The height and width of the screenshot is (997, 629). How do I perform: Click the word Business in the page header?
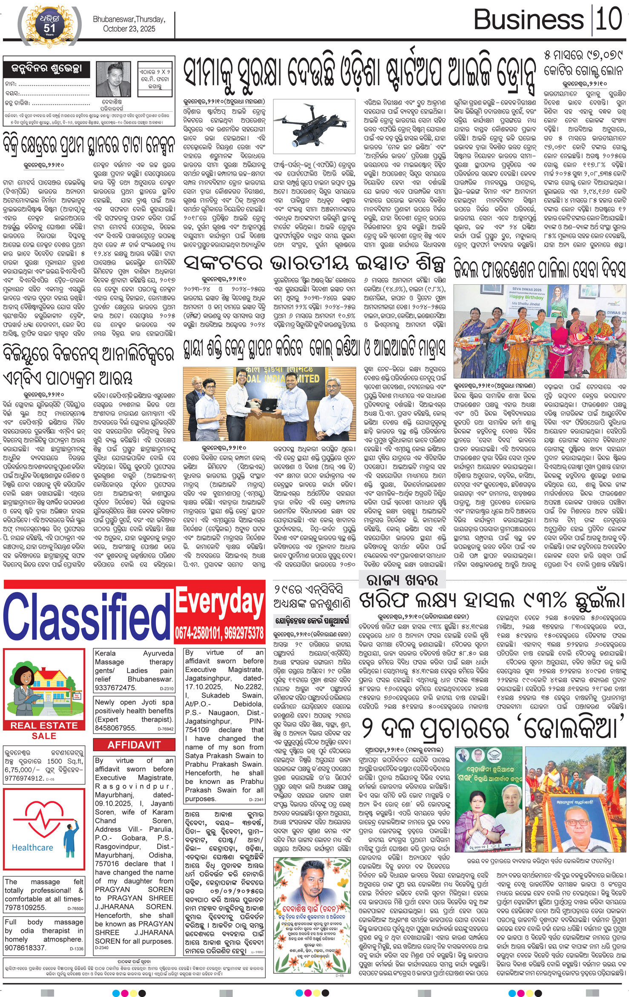[528, 20]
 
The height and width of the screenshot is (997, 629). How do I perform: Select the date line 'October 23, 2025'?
[129, 29]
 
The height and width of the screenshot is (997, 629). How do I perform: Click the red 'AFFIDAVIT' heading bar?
[134, 745]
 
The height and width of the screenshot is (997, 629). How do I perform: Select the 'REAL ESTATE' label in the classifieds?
[44, 725]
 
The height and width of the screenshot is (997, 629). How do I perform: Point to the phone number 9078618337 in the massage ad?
[25, 947]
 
